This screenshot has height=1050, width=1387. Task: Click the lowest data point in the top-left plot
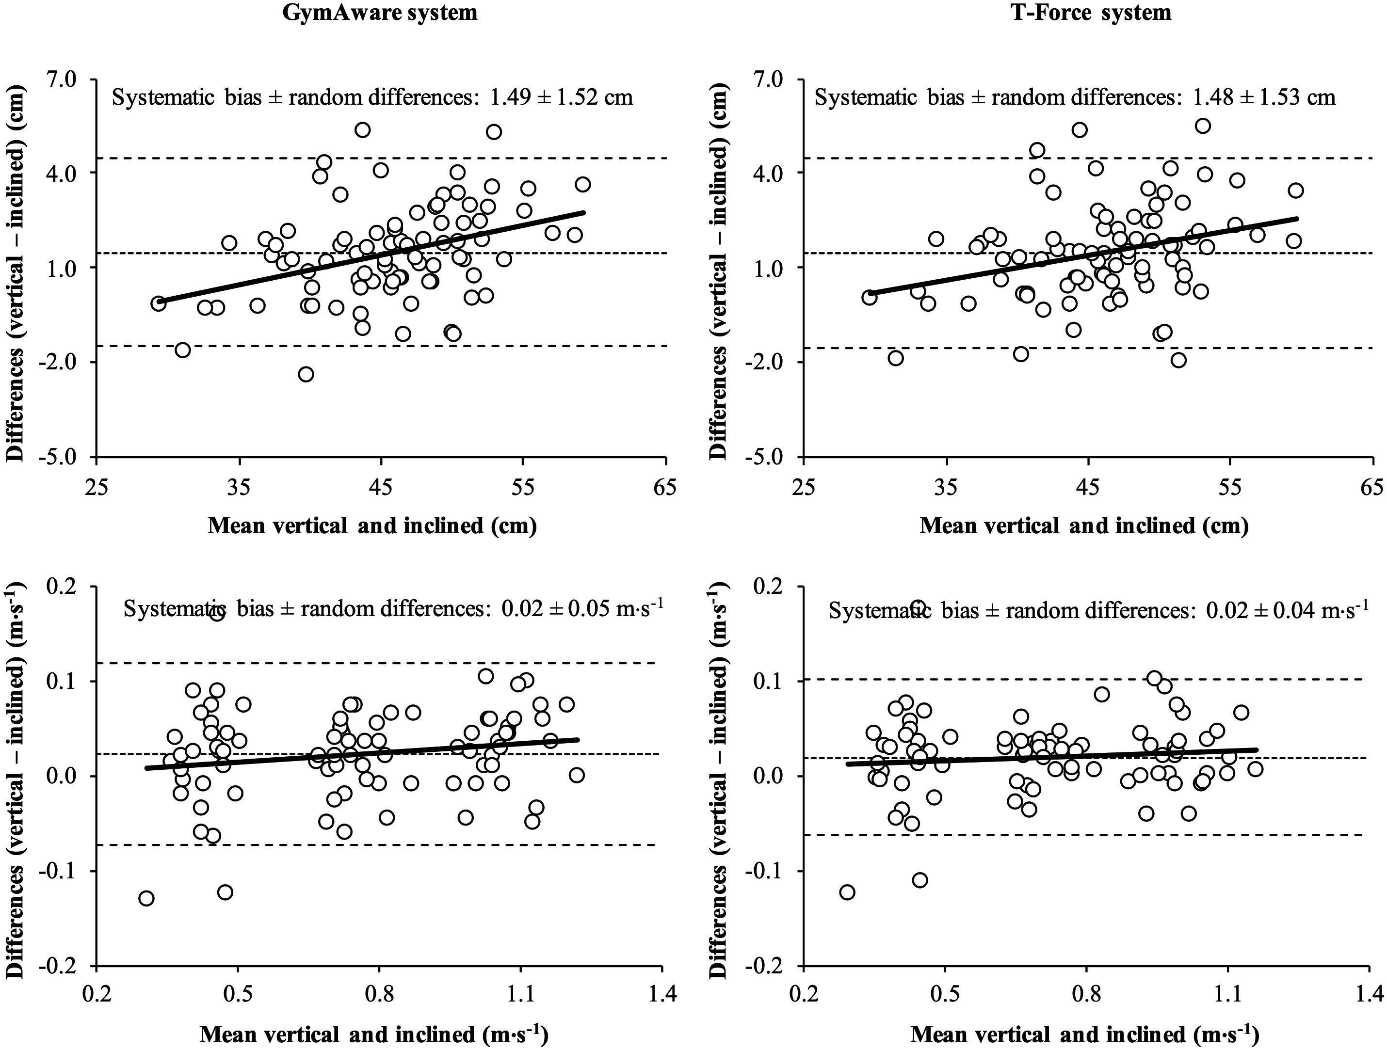tap(306, 374)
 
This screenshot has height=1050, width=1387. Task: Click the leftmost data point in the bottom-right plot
tap(847, 892)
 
